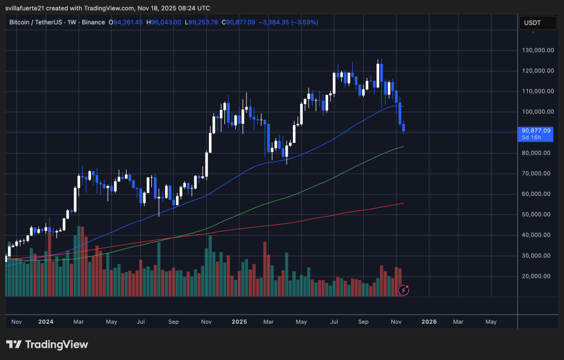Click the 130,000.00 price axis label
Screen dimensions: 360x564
click(537, 50)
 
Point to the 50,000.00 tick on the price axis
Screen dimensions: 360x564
click(537, 214)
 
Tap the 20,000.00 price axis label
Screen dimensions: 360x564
click(537, 276)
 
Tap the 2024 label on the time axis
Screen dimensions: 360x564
click(45, 321)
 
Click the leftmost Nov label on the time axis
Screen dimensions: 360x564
click(16, 321)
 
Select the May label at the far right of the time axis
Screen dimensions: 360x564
click(491, 321)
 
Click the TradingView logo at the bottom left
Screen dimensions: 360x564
click(47, 344)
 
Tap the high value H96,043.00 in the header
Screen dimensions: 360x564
click(164, 22)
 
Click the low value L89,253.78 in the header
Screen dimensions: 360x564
click(199, 22)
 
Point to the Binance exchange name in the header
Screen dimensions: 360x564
click(93, 22)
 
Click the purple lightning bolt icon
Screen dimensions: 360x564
click(403, 290)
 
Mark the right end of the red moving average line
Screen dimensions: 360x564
click(403, 203)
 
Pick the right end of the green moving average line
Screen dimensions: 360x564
click(403, 146)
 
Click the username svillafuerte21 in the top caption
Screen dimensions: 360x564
click(29, 8)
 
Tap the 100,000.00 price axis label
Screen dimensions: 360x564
click(537, 112)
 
